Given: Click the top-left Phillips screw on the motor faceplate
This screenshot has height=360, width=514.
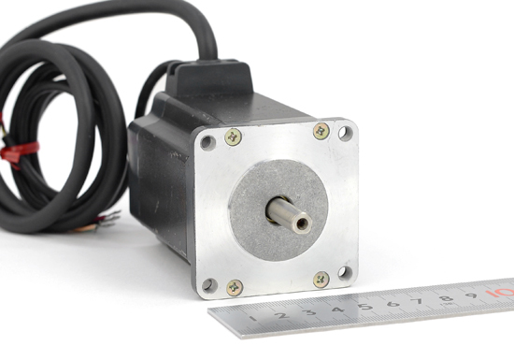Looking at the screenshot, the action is (x=233, y=137).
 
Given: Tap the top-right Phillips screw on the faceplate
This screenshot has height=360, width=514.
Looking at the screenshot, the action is (x=321, y=131).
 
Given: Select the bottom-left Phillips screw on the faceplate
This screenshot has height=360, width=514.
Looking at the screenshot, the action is (x=235, y=288).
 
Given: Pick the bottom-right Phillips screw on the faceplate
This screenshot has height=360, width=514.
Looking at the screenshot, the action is (x=321, y=280).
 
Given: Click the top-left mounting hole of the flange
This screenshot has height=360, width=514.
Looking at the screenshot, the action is (x=207, y=143).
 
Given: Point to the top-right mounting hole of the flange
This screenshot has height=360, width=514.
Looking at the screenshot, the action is (x=346, y=133).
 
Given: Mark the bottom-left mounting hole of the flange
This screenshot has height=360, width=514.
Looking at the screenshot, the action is (x=209, y=285).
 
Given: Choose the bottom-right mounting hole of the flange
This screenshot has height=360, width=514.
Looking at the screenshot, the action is (x=345, y=272).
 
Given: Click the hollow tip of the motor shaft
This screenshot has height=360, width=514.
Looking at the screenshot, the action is (x=302, y=223).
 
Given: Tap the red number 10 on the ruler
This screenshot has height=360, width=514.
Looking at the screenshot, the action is (x=500, y=292).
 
